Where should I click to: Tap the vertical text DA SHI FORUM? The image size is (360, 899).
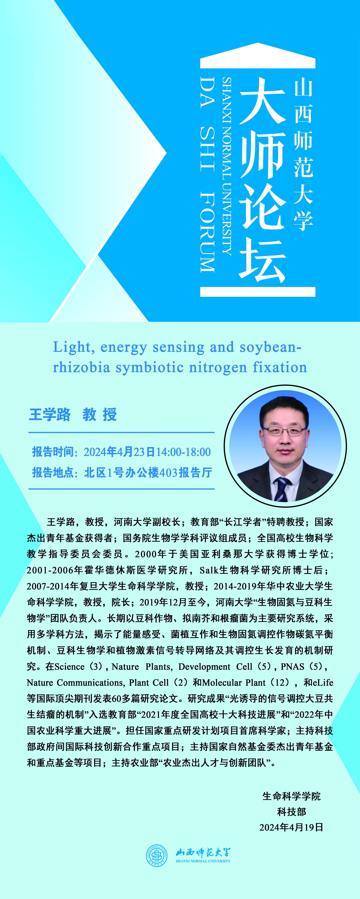[x=207, y=175]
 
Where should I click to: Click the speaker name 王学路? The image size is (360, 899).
[x=50, y=415]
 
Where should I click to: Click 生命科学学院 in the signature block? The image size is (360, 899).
[x=291, y=796]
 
